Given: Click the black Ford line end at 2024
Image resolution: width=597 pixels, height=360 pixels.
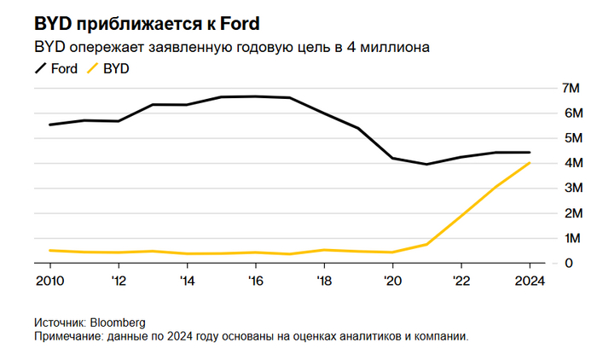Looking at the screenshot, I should (530, 153).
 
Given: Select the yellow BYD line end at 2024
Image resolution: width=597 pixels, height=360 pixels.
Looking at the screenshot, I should (530, 163).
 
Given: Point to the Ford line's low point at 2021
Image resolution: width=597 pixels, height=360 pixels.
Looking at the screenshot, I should (426, 164).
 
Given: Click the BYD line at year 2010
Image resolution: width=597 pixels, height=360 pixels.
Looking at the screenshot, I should (49, 250).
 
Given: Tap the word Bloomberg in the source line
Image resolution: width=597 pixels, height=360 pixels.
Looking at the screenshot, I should (117, 323).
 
